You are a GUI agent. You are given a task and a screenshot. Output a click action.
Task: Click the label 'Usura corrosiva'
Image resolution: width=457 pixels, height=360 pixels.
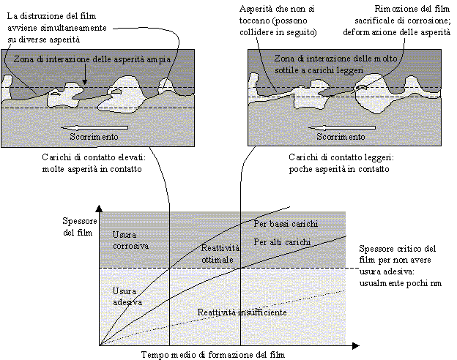click(x=130, y=240)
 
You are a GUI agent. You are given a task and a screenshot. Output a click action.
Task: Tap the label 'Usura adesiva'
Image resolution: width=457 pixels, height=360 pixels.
click(x=127, y=296)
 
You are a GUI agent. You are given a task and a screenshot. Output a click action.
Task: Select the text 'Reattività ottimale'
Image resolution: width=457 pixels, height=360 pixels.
click(x=220, y=254)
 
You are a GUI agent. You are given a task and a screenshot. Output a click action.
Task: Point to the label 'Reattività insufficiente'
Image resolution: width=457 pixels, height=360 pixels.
click(x=242, y=312)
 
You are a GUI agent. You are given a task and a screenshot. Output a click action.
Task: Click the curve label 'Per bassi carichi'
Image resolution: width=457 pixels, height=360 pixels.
click(x=286, y=224)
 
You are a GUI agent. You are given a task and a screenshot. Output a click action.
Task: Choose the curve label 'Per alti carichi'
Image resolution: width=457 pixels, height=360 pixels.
click(x=282, y=241)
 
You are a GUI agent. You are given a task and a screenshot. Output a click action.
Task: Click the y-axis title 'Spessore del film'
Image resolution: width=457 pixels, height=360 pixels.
click(x=79, y=227)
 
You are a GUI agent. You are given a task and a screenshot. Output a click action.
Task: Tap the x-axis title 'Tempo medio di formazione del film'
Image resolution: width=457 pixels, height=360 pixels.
click(x=213, y=355)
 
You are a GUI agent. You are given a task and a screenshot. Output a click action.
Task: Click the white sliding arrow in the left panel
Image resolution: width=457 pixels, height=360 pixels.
click(x=94, y=127)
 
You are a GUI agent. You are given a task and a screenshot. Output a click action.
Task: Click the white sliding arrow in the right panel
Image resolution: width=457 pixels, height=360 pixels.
click(x=342, y=127)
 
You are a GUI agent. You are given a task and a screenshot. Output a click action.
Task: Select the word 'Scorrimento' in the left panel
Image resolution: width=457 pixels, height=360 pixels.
click(x=94, y=137)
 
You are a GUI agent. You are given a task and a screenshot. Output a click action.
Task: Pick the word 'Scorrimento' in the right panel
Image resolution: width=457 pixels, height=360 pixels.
click(x=341, y=137)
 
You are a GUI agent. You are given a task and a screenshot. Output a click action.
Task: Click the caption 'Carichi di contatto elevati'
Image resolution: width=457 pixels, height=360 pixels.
click(x=94, y=157)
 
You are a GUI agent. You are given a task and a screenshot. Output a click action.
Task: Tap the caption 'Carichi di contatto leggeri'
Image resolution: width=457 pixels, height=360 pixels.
click(x=341, y=157)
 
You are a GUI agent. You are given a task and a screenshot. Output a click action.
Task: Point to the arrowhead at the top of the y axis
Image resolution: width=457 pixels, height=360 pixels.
click(x=99, y=209)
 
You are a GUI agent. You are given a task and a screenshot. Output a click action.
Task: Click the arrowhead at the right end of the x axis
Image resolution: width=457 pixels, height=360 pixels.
click(x=356, y=345)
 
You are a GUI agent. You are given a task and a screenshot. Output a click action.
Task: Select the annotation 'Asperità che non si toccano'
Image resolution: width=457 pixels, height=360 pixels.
click(x=277, y=15)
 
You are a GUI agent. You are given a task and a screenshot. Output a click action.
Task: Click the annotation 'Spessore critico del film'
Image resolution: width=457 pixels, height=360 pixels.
click(x=398, y=254)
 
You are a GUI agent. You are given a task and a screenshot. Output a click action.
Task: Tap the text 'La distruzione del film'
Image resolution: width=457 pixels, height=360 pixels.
click(x=51, y=16)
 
